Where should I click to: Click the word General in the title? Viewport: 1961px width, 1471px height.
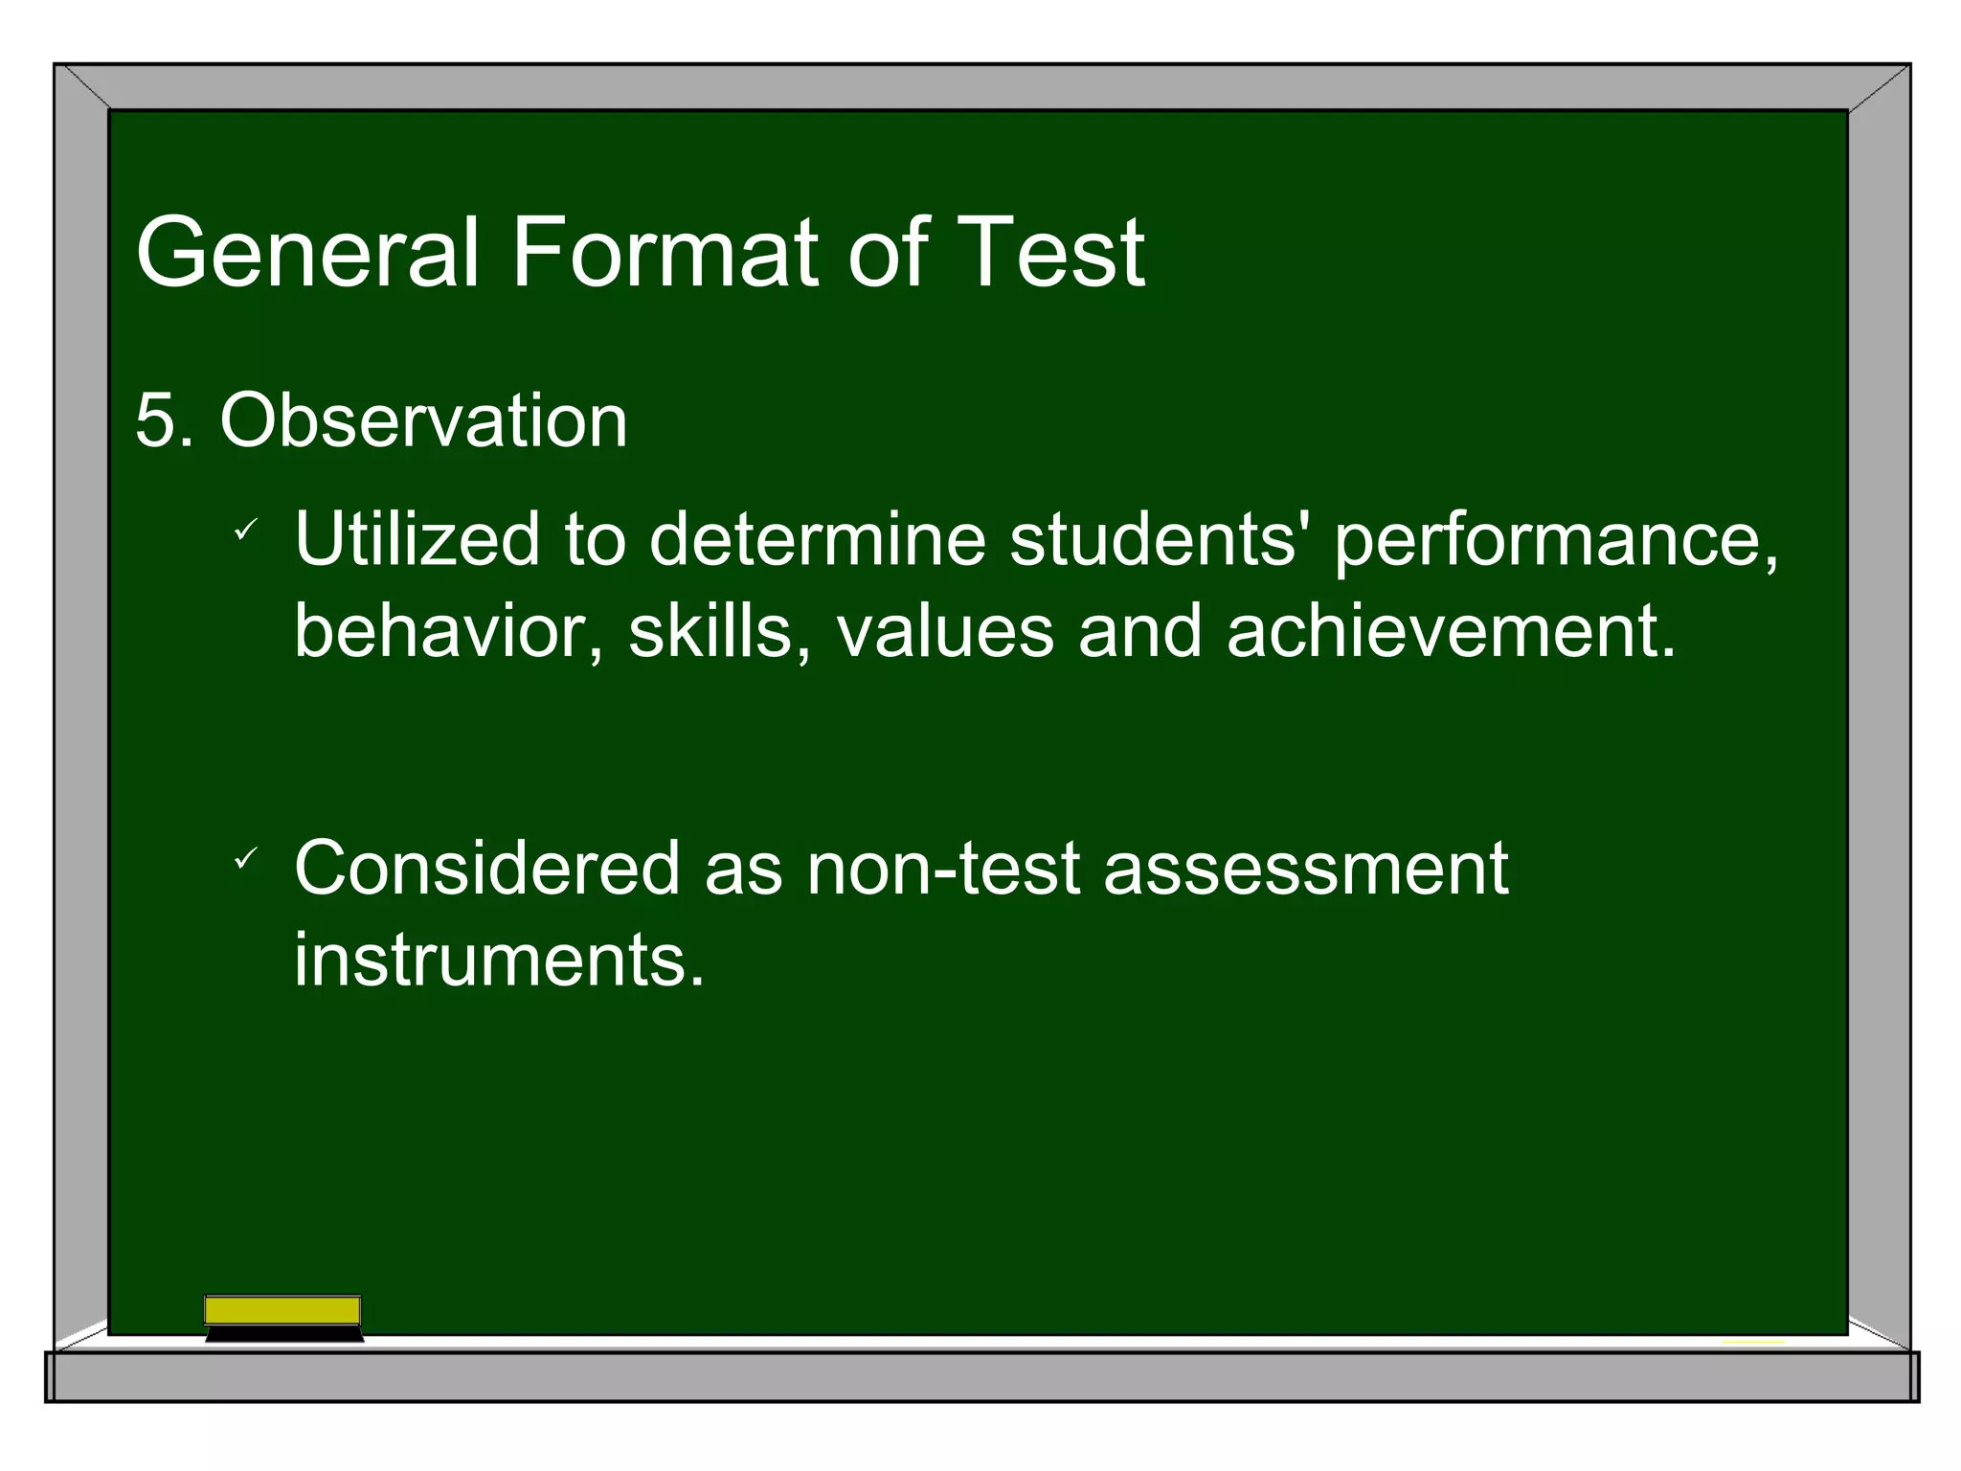[306, 253]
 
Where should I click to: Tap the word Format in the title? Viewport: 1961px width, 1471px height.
[665, 253]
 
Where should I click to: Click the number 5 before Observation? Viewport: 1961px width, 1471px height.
[155, 421]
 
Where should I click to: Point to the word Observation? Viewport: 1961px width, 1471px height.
[423, 421]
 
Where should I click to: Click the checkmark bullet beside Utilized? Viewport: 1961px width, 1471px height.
[246, 530]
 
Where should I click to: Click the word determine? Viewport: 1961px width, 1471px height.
[817, 540]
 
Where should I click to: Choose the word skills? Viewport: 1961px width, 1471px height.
[718, 632]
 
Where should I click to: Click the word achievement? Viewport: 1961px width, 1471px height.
[1450, 632]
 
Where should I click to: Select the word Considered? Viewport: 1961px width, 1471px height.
[486, 869]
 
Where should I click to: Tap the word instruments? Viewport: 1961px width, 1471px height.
[498, 961]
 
